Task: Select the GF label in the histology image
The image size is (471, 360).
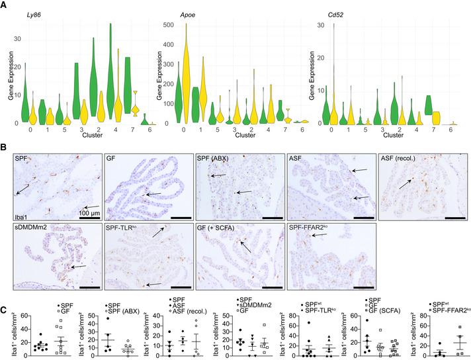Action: pos(113,161)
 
